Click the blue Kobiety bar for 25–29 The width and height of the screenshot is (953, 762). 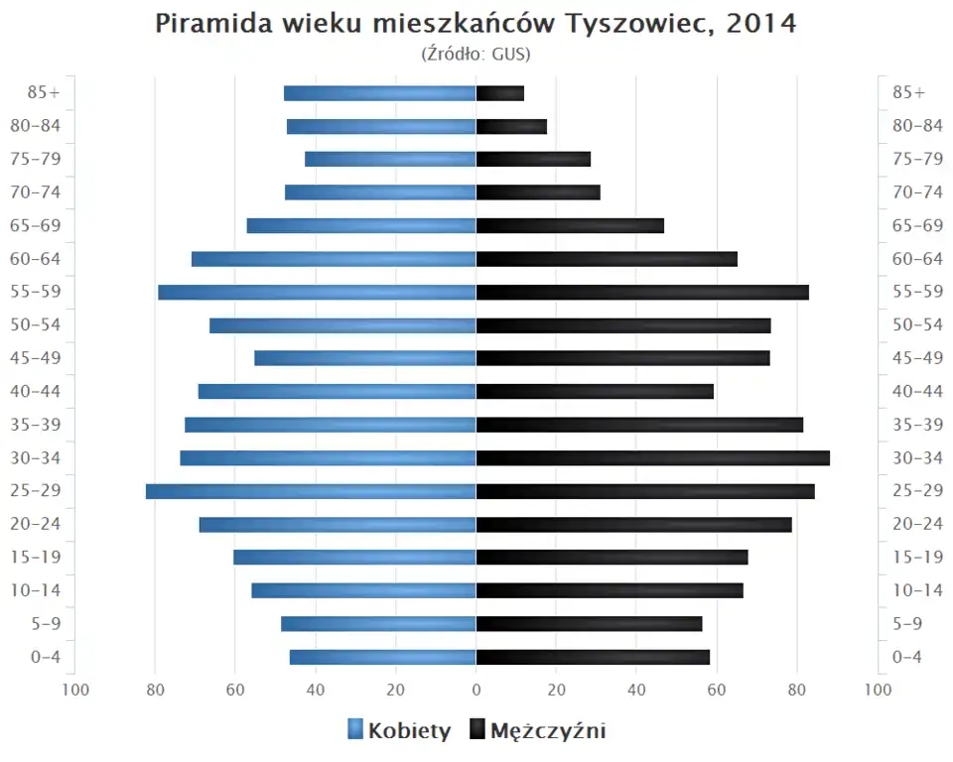click(311, 491)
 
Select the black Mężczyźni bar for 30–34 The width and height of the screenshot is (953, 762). click(652, 458)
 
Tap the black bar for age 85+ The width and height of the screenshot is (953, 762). click(499, 93)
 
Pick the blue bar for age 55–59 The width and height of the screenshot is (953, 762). click(317, 293)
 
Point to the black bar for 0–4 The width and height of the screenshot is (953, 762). click(593, 657)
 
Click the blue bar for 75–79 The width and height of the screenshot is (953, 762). click(390, 160)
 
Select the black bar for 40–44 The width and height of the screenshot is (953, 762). click(595, 392)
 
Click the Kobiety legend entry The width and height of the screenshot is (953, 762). click(409, 731)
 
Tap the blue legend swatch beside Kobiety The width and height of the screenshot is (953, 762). click(355, 731)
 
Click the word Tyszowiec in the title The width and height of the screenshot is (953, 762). click(639, 24)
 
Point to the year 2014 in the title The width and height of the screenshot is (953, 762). click(761, 24)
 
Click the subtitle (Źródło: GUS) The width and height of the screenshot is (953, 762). click(476, 54)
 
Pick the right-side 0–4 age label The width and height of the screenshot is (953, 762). click(907, 657)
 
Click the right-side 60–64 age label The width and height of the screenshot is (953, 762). click(917, 259)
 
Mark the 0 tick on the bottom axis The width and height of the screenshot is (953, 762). click(476, 690)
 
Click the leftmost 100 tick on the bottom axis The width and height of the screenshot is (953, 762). click(75, 690)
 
